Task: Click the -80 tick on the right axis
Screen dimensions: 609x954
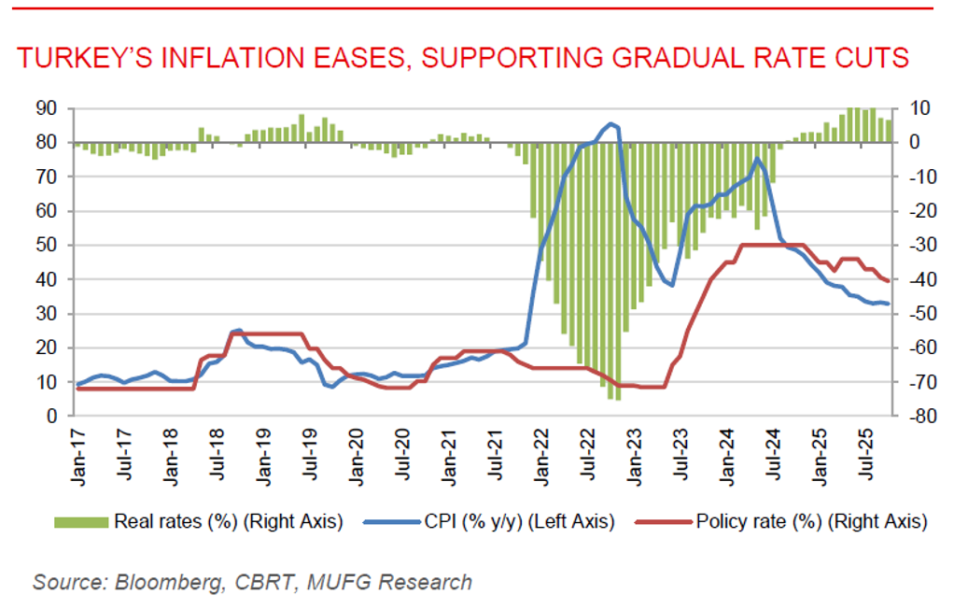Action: (918, 417)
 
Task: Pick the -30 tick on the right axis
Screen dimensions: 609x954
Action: (918, 246)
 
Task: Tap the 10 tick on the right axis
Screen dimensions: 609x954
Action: (916, 108)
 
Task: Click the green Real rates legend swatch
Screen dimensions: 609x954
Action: (81, 521)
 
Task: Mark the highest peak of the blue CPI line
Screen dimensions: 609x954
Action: (611, 123)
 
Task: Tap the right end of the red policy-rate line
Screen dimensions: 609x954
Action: (887, 281)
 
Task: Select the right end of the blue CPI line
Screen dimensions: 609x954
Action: (887, 304)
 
